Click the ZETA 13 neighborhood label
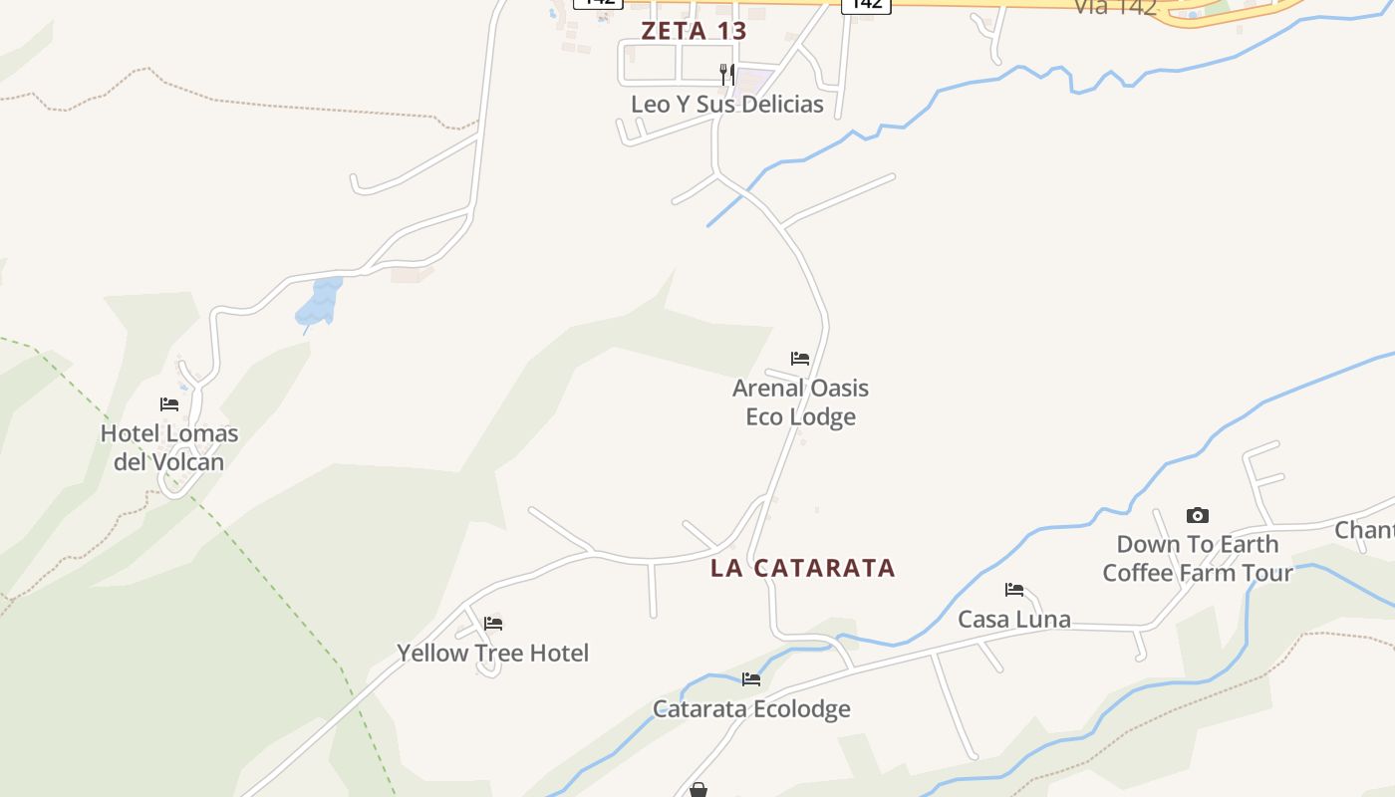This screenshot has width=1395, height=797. pyautogui.click(x=694, y=31)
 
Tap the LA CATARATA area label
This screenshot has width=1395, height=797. pyautogui.click(x=803, y=568)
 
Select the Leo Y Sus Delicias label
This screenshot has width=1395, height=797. pyautogui.click(x=727, y=105)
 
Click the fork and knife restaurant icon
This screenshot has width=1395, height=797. pyautogui.click(x=727, y=75)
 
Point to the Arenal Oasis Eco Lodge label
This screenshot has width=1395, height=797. pyautogui.click(x=800, y=402)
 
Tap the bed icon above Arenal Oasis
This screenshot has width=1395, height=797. pyautogui.click(x=800, y=359)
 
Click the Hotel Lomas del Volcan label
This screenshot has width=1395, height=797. pyautogui.click(x=169, y=447)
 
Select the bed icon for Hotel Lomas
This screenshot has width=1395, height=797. pyautogui.click(x=169, y=404)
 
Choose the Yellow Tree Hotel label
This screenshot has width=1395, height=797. pyautogui.click(x=493, y=654)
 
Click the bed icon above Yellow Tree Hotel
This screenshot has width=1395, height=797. pyautogui.click(x=493, y=624)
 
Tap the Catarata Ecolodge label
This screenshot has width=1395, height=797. pyautogui.click(x=751, y=709)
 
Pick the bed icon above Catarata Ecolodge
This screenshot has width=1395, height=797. pyautogui.click(x=751, y=679)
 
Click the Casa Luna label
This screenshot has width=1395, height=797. pyautogui.click(x=1014, y=620)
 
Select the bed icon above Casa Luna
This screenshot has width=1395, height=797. pyautogui.click(x=1014, y=590)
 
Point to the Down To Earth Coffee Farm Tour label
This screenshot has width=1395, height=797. pyautogui.click(x=1198, y=559)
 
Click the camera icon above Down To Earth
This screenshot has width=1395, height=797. pyautogui.click(x=1198, y=515)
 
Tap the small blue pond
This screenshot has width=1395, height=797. pyautogui.click(x=319, y=303)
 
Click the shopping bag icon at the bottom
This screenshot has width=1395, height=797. pyautogui.click(x=698, y=790)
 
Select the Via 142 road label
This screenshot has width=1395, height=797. pyautogui.click(x=1115, y=7)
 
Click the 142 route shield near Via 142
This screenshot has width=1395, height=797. pyautogui.click(x=866, y=5)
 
